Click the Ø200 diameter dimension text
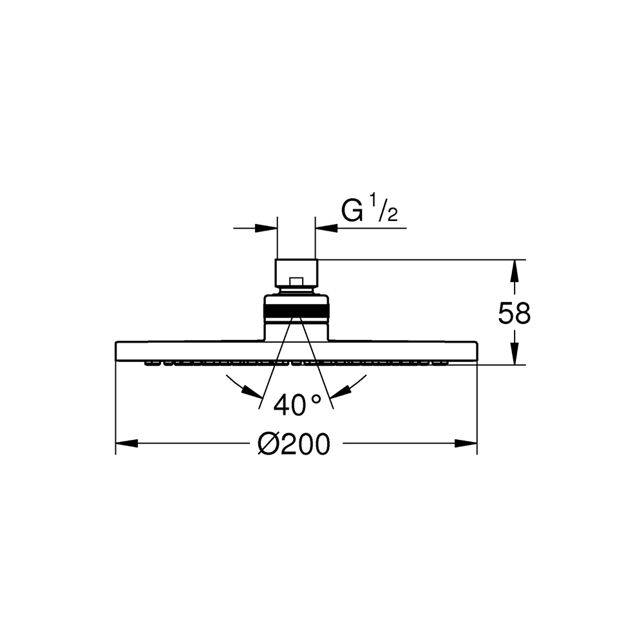(x=294, y=444)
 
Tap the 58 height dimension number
(x=514, y=314)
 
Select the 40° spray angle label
(x=296, y=404)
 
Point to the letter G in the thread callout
(x=352, y=211)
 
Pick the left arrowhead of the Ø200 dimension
(x=126, y=444)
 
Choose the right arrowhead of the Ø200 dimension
(x=466, y=444)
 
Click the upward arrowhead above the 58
(x=514, y=270)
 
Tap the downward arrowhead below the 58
(x=514, y=354)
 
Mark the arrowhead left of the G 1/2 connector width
(x=266, y=228)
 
